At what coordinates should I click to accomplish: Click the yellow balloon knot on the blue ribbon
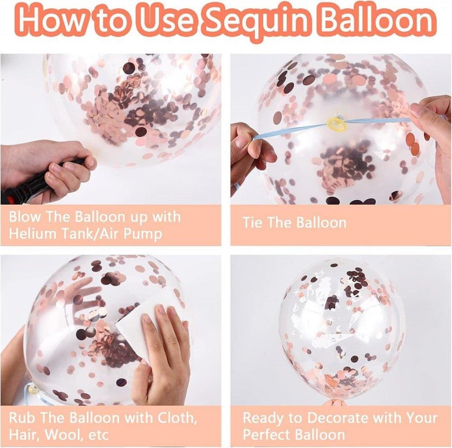point(336,123)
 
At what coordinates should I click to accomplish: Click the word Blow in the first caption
point(24,217)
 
